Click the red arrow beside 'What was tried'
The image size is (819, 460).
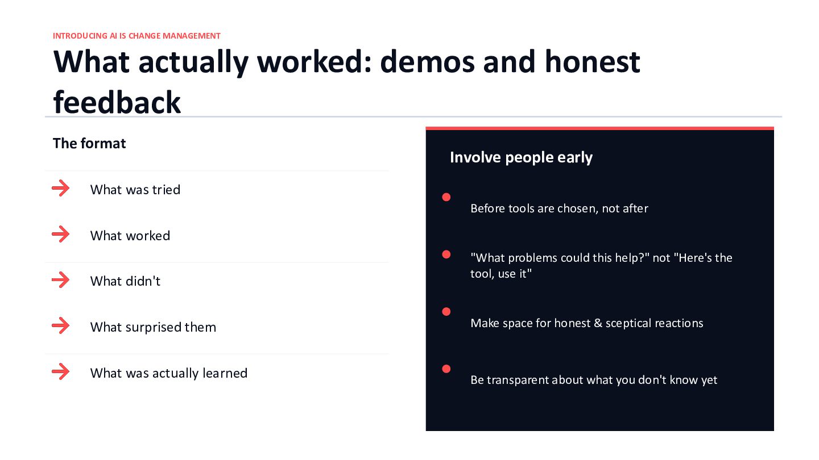(x=61, y=189)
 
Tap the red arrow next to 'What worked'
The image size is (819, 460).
(x=61, y=235)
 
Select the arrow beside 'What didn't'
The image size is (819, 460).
(x=61, y=280)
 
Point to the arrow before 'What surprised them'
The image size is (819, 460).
(x=61, y=325)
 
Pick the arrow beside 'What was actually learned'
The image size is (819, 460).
(x=61, y=371)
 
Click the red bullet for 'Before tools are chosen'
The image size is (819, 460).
(x=446, y=197)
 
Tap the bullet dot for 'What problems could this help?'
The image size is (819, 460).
(x=446, y=254)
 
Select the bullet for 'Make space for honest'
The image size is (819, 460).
(x=446, y=311)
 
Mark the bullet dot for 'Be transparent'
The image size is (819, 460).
(x=446, y=369)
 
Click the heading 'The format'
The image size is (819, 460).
(x=89, y=144)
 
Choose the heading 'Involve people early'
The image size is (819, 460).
(x=521, y=158)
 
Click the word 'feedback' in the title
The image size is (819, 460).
(x=117, y=102)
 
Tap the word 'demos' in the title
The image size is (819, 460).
(x=427, y=62)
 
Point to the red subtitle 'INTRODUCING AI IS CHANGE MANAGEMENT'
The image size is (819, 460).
(x=136, y=36)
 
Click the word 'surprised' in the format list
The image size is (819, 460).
(x=153, y=328)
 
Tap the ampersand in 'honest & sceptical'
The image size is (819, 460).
(x=598, y=323)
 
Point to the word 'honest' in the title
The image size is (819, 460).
(x=592, y=62)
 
